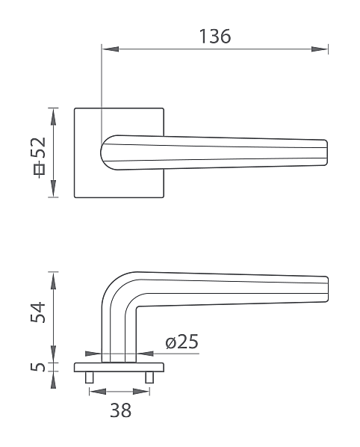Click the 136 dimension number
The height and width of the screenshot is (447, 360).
coord(215,37)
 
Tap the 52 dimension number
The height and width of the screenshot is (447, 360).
coord(38,147)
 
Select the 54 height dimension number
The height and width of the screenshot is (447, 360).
coord(38,312)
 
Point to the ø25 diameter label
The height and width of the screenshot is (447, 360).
coord(181,342)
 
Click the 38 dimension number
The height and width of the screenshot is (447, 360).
coord(121,410)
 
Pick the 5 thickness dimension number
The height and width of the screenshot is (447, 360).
coord(38,367)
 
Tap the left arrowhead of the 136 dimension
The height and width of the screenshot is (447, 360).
coord(111,49)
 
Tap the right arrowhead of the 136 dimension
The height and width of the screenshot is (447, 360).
coord(320,49)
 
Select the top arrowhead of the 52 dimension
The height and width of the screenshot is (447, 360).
coord(53,117)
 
